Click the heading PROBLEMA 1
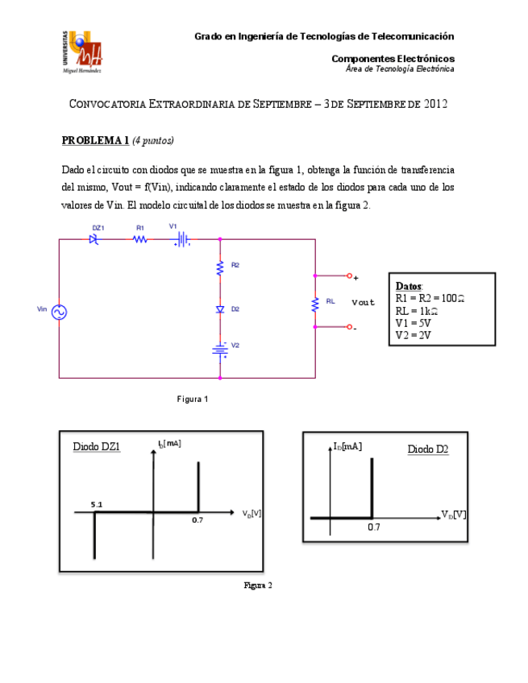click(95, 140)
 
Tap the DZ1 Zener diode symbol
click(95, 238)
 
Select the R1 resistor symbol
click(139, 238)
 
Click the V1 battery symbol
click(184, 238)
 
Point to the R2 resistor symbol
click(219, 268)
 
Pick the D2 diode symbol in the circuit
click(219, 309)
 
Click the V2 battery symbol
click(219, 349)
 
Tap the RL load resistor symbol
click(315, 304)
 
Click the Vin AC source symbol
click(59, 312)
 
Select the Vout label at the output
click(363, 303)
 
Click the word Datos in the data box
click(409, 286)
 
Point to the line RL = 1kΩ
click(417, 311)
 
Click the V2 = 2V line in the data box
click(413, 335)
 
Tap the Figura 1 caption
click(193, 399)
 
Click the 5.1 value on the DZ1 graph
click(97, 504)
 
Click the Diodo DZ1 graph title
click(97, 446)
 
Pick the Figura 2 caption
click(258, 586)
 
